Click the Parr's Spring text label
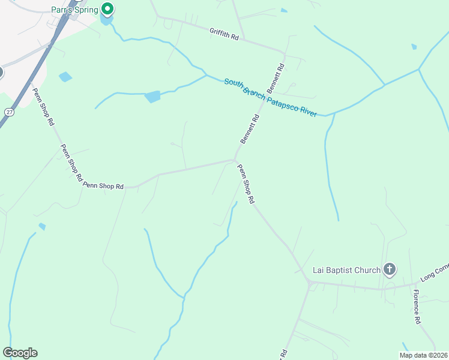click(74, 10)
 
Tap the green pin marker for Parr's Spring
click(107, 9)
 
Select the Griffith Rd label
click(224, 34)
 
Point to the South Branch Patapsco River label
click(270, 97)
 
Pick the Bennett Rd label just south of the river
click(250, 128)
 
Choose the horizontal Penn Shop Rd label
click(103, 186)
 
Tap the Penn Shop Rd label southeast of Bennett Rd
click(247, 184)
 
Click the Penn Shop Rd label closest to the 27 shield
click(43, 106)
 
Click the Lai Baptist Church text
click(346, 270)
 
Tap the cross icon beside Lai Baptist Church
click(389, 269)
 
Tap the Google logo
click(20, 353)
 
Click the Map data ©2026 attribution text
click(423, 355)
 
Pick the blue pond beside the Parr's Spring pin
click(107, 22)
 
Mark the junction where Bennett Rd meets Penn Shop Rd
click(235, 160)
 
